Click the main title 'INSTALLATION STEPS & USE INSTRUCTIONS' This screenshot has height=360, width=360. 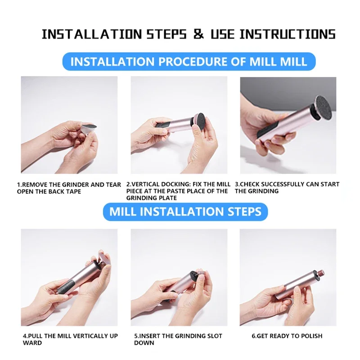tap(189, 34)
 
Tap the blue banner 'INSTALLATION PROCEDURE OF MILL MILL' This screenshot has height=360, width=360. tap(189, 61)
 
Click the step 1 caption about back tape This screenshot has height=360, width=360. tap(69, 188)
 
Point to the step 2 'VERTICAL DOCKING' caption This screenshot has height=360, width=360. tap(178, 191)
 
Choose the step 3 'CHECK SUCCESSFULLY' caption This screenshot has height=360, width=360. tap(287, 188)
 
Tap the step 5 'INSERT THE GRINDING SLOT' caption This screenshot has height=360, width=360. tap(178, 339)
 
